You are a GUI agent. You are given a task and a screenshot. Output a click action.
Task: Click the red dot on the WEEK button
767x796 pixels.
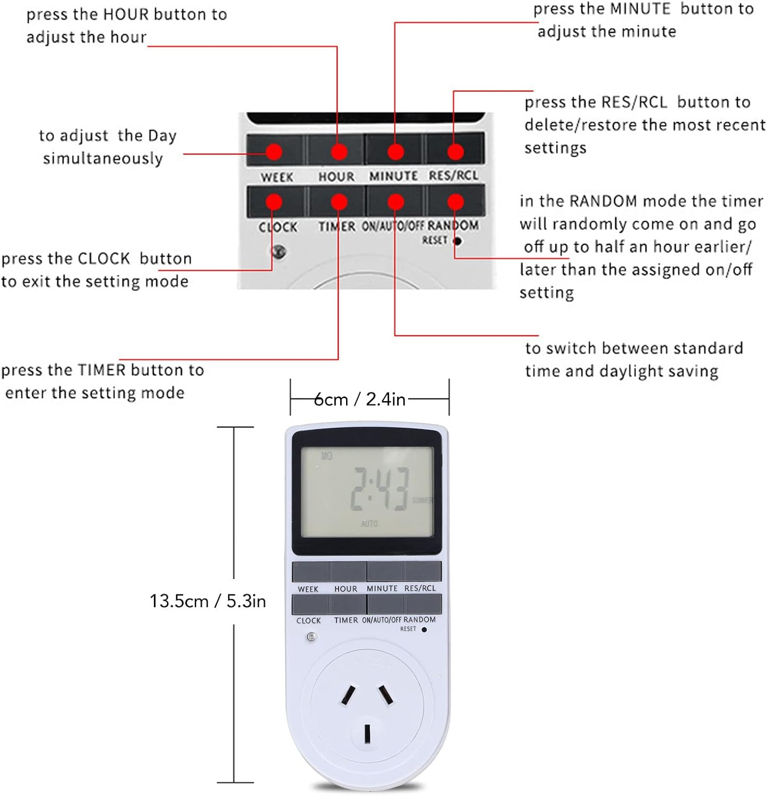point(274,152)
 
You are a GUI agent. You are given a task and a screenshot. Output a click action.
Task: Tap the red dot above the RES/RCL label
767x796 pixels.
point(455,152)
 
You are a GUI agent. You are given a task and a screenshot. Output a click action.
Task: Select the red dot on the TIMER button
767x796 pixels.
point(339,202)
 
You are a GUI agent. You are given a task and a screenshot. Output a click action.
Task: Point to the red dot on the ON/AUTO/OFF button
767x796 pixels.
point(395,202)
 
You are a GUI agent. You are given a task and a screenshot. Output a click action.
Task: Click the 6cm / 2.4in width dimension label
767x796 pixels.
point(360,399)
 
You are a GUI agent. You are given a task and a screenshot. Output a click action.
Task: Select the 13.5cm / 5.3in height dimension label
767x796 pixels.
point(208,601)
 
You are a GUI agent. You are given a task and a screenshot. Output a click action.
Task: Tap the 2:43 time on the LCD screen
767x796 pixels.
point(380,489)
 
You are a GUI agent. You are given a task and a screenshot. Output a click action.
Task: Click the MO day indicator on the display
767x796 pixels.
point(326,456)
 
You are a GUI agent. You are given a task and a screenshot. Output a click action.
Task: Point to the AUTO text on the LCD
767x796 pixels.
point(369,524)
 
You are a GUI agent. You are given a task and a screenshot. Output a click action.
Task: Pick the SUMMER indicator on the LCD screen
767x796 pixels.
point(422,500)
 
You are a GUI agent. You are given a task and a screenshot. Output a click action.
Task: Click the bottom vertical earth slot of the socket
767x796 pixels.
point(367,734)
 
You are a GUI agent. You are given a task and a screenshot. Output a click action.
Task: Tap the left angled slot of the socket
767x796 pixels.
point(348,695)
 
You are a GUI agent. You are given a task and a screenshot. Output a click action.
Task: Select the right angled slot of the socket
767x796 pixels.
point(386,695)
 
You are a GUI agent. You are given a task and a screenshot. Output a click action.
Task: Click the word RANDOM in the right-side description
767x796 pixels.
point(603,201)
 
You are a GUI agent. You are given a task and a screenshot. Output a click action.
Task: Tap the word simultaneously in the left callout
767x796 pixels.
point(103,159)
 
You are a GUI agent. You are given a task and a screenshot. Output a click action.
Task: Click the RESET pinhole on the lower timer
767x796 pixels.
point(424,630)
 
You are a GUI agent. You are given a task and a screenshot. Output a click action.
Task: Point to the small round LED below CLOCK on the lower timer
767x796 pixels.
point(312,637)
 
